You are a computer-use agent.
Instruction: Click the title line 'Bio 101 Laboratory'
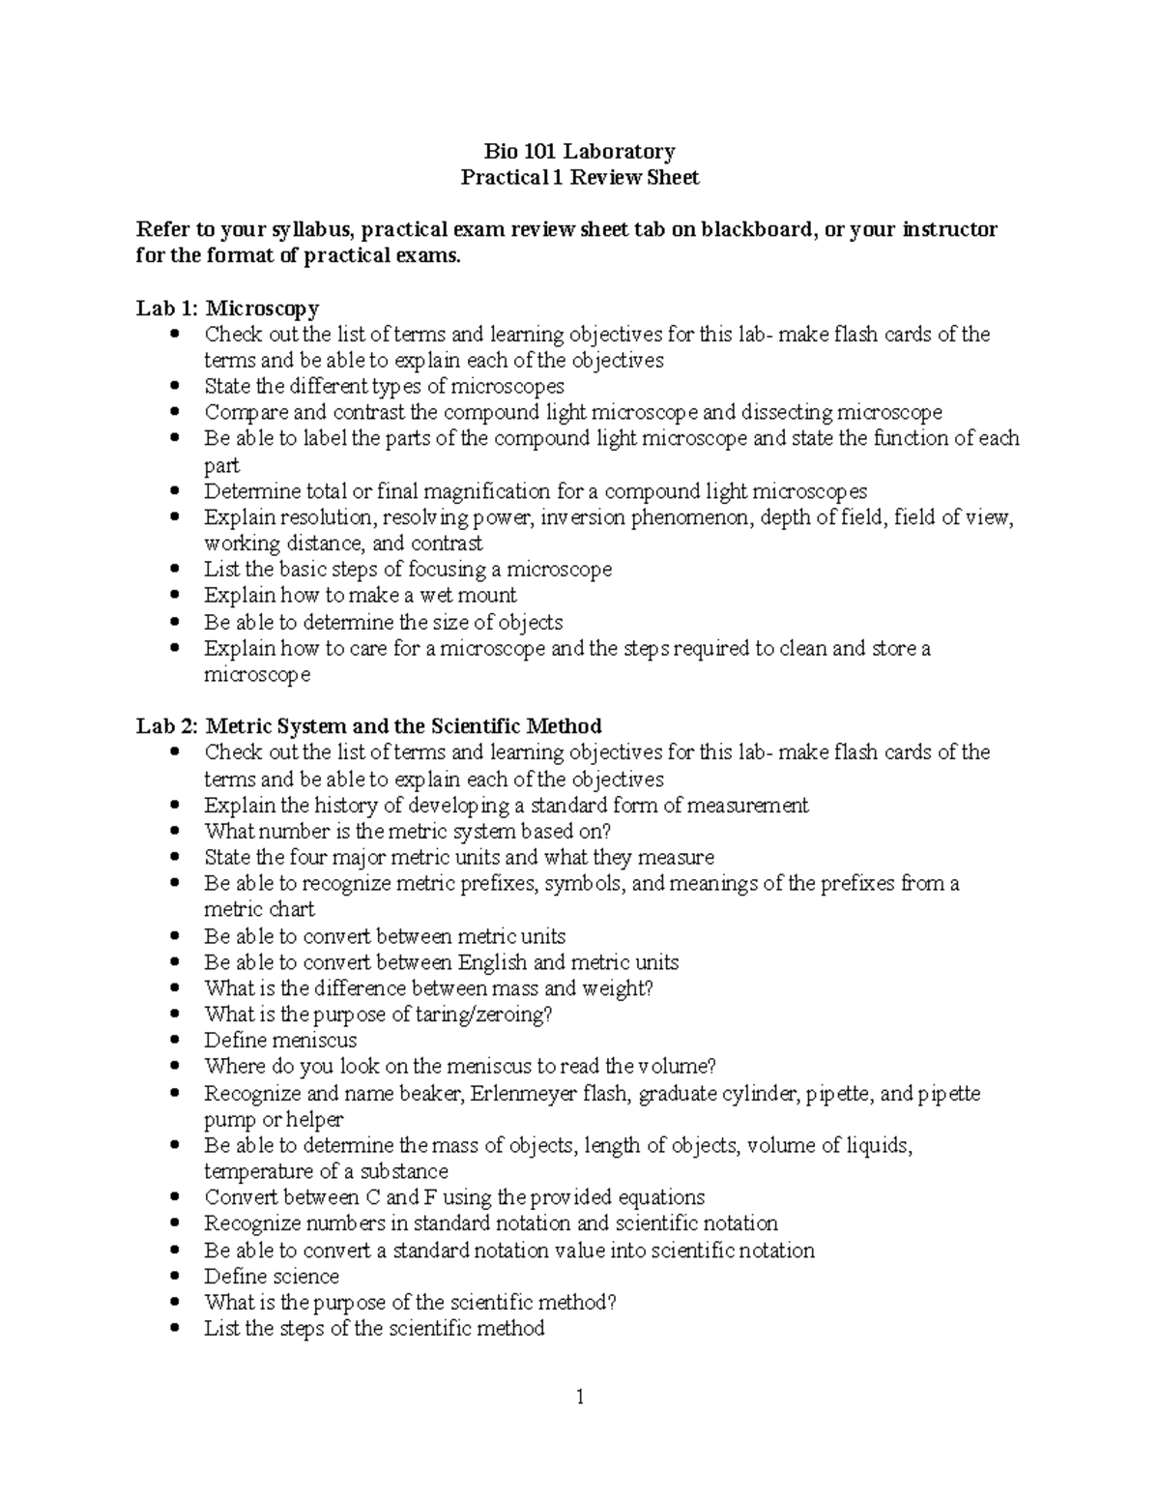click(579, 151)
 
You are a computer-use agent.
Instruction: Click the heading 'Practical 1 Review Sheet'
click(579, 177)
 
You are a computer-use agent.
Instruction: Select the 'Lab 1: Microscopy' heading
click(227, 309)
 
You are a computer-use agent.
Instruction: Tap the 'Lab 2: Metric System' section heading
click(368, 726)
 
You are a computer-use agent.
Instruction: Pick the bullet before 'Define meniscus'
click(174, 1041)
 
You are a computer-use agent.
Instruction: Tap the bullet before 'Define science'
click(174, 1277)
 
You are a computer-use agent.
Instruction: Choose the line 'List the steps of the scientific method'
click(374, 1329)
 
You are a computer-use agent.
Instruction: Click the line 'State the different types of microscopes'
click(384, 387)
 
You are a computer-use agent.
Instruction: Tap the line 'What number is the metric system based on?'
click(408, 831)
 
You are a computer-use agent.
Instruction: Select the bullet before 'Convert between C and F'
click(174, 1198)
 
